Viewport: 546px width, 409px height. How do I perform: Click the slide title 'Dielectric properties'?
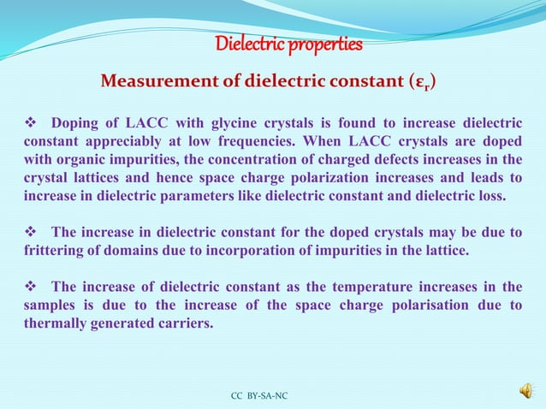tap(288, 44)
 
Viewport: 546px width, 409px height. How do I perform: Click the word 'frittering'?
tap(57, 250)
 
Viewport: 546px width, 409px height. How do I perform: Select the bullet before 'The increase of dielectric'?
tap(30, 287)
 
